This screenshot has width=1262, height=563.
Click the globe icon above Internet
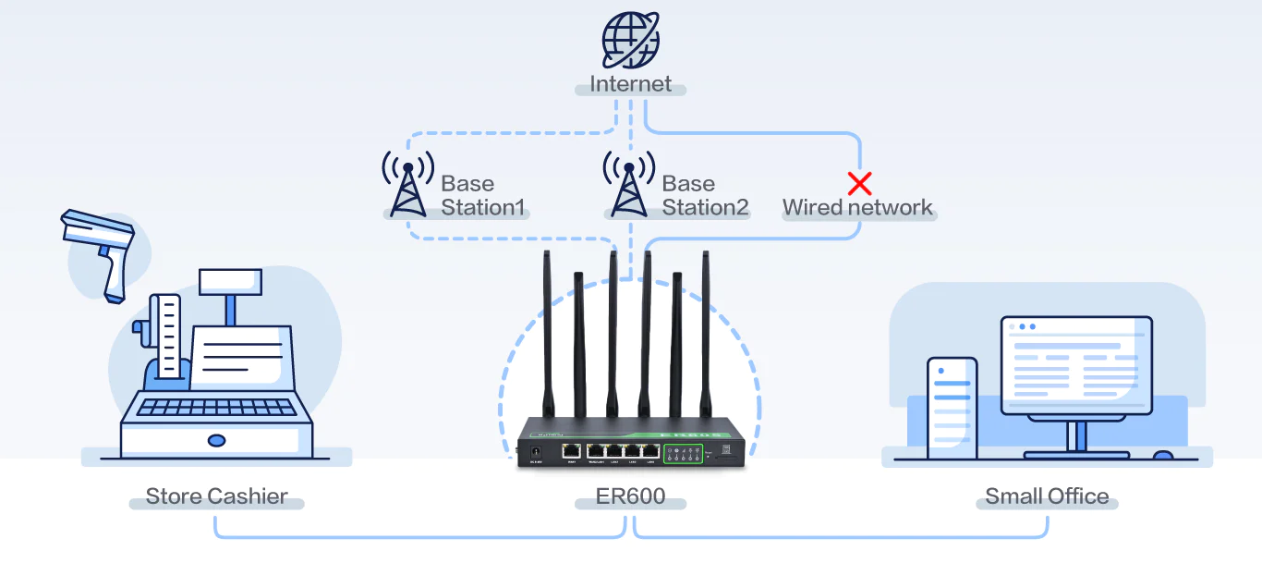pyautogui.click(x=630, y=41)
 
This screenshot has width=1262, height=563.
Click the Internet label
pyautogui.click(x=630, y=84)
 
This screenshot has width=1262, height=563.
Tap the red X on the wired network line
pyautogui.click(x=859, y=182)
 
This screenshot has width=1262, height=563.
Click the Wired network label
pyautogui.click(x=857, y=207)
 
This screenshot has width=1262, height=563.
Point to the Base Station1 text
pyautogui.click(x=483, y=196)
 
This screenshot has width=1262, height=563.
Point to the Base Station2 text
pyautogui.click(x=704, y=196)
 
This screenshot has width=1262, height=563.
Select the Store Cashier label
pyautogui.click(x=216, y=496)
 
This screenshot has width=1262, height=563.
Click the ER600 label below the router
pyautogui.click(x=631, y=496)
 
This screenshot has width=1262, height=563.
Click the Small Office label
pyautogui.click(x=1047, y=496)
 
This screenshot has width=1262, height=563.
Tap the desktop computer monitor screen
pyautogui.click(x=1076, y=365)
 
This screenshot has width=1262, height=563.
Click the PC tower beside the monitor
pyautogui.click(x=952, y=408)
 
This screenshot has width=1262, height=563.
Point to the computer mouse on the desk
pyautogui.click(x=1163, y=455)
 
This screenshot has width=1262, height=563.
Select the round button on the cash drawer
pyautogui.click(x=216, y=440)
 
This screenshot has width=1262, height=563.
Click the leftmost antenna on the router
pyautogui.click(x=546, y=333)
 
